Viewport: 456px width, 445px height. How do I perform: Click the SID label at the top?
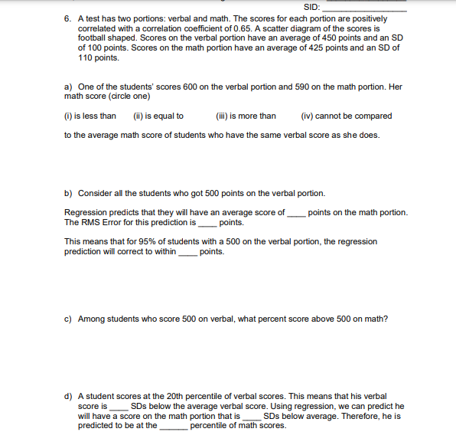[311, 8]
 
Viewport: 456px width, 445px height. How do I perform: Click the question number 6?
[67, 18]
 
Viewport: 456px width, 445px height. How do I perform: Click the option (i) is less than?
[90, 116]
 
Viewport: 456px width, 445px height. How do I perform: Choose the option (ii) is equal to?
[158, 116]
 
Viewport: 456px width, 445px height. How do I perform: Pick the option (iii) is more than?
[246, 116]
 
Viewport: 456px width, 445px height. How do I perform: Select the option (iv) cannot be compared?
[347, 116]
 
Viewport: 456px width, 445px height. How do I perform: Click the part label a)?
[68, 87]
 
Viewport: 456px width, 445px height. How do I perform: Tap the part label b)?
[68, 193]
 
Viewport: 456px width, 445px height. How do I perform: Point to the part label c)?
[68, 319]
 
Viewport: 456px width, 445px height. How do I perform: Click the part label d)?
[68, 397]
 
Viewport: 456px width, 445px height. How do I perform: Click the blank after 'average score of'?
[296, 214]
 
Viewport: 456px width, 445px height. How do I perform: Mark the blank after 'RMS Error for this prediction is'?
[207, 224]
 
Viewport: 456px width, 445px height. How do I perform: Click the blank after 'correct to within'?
[187, 253]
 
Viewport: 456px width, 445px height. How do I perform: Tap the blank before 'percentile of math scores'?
[173, 427]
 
